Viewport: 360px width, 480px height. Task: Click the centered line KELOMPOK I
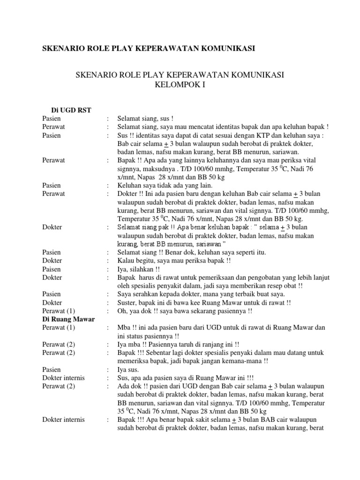(x=180, y=85)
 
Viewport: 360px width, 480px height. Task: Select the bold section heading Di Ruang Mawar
(x=68, y=319)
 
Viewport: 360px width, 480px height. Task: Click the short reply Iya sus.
(x=127, y=369)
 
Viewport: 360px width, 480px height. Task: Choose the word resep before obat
(x=271, y=285)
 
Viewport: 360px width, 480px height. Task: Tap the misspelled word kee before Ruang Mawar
(x=196, y=302)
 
